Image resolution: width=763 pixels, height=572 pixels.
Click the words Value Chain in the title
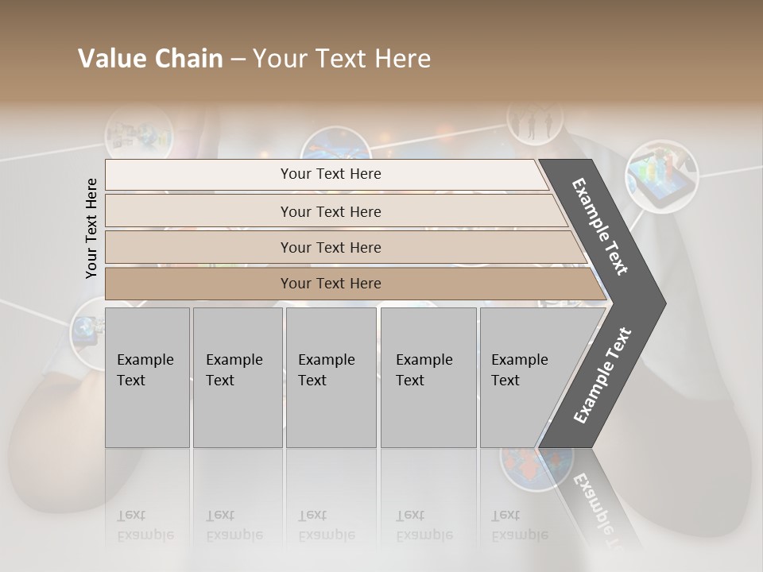click(150, 59)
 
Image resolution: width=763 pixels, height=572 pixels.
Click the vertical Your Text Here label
click(91, 228)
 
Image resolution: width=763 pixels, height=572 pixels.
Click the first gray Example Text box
click(147, 377)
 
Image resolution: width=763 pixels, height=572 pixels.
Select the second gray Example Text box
click(238, 377)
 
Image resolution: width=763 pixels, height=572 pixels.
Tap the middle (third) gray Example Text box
click(331, 377)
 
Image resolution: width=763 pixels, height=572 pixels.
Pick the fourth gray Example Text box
click(428, 377)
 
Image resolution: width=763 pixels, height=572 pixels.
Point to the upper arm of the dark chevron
click(601, 226)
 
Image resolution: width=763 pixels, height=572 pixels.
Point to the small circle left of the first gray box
click(87, 331)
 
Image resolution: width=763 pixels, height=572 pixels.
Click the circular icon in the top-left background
click(138, 132)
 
